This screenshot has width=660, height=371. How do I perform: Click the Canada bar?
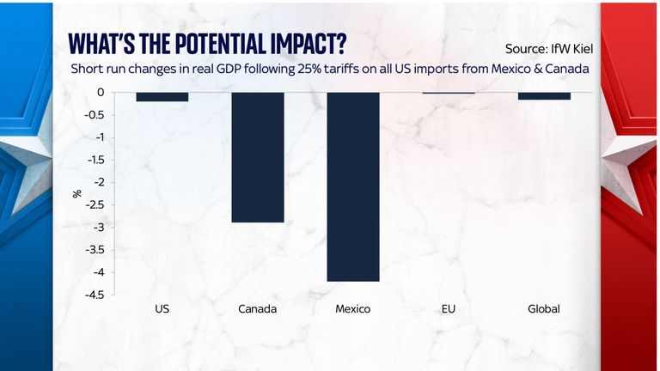[x=257, y=157]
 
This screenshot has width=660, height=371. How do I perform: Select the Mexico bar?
[x=352, y=186]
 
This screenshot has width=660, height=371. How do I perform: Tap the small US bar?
[x=162, y=96]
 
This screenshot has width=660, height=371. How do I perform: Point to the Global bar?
[x=544, y=96]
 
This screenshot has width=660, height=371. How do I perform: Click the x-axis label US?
[x=162, y=309]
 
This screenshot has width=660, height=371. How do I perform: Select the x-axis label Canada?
[x=257, y=309]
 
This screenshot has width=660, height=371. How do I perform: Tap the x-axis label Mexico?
[x=352, y=309]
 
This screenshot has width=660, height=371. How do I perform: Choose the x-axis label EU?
[x=449, y=309]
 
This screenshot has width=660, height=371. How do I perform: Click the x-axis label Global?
[x=544, y=309]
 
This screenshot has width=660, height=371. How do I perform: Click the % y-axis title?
[x=77, y=193]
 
